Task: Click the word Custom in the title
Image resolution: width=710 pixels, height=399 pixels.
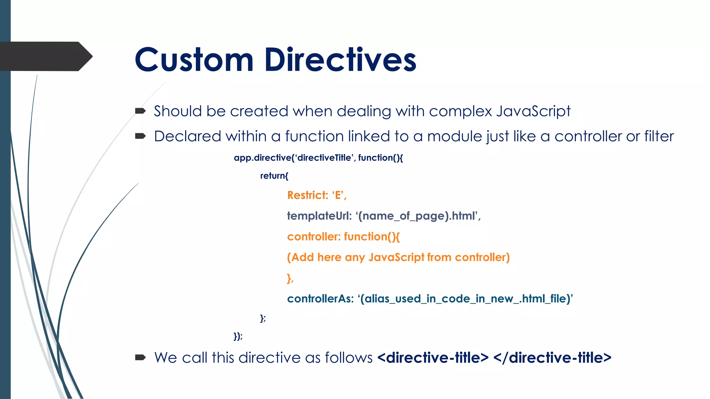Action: point(194,60)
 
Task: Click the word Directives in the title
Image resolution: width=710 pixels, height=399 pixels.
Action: point(340,60)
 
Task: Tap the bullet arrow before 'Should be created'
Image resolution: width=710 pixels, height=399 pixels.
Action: point(140,111)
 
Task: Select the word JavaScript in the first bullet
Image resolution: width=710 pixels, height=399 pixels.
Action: point(533,112)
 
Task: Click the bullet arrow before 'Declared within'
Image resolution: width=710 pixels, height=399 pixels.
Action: point(140,136)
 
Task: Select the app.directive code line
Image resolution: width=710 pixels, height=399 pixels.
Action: point(318,158)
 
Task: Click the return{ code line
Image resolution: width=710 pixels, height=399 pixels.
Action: point(274,176)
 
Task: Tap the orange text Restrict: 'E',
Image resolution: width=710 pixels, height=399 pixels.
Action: point(317,195)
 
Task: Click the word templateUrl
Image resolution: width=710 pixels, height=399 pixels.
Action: point(319,216)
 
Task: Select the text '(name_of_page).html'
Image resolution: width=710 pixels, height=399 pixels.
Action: point(417,216)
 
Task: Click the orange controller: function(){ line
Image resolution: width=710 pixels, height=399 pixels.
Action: point(343,237)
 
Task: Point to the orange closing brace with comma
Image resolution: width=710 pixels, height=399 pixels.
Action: point(290,278)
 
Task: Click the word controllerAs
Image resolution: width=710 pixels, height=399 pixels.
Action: point(320,299)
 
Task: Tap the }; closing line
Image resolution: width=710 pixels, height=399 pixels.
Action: point(263,318)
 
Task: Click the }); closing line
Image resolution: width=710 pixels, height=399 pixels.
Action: point(238,336)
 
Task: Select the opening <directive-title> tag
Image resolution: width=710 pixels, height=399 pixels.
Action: point(433,358)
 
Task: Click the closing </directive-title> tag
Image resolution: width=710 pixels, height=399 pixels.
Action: point(552,358)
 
